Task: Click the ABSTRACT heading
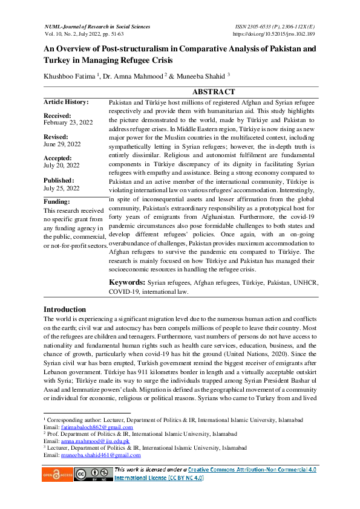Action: [213, 92]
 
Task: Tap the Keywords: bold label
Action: [126, 282]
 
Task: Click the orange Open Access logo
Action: [56, 475]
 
